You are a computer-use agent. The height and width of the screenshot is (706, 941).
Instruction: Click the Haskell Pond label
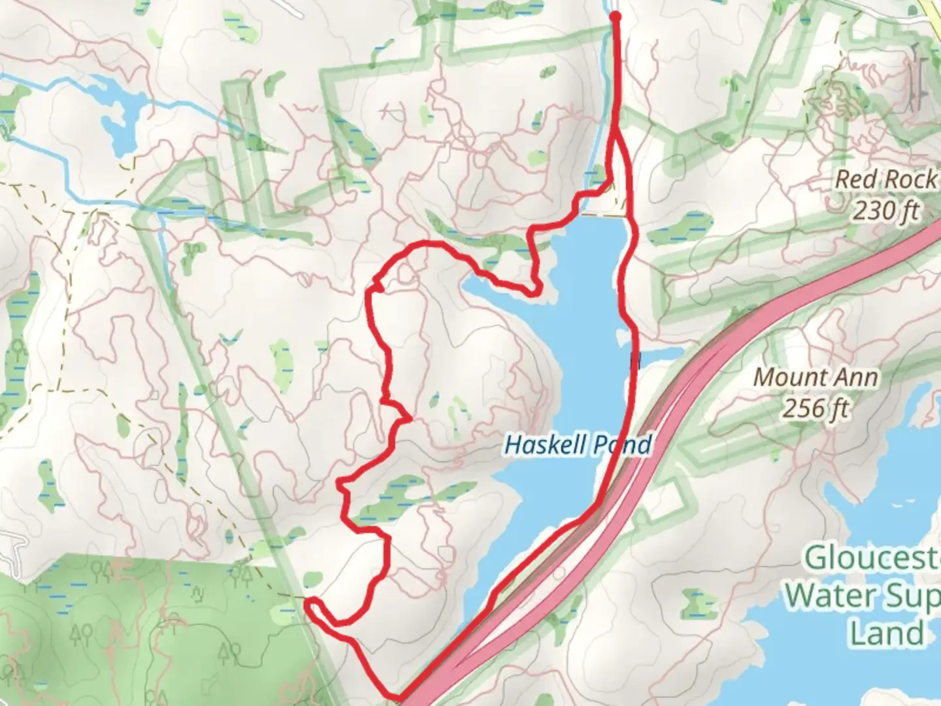tap(578, 445)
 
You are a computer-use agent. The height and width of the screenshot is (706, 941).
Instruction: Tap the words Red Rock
tap(886, 180)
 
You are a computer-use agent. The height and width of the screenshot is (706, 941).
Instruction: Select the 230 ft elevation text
tap(886, 210)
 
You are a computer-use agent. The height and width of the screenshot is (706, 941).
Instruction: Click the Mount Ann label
tap(816, 377)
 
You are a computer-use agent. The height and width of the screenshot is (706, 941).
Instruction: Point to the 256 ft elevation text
tap(816, 409)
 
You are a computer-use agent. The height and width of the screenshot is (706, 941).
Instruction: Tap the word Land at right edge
tap(887, 633)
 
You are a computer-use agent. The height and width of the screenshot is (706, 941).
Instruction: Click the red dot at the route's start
tap(615, 17)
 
